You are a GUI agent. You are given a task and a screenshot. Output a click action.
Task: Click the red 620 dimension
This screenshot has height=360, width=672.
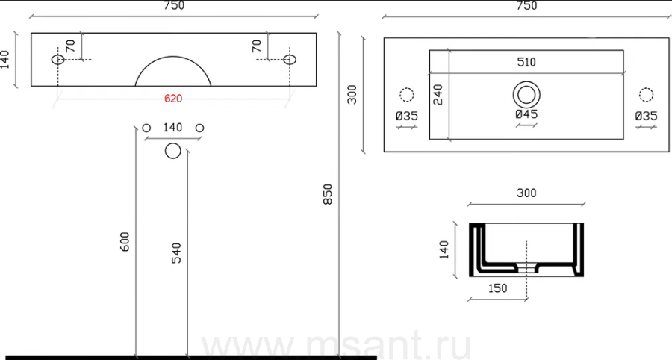pyautogui.click(x=173, y=99)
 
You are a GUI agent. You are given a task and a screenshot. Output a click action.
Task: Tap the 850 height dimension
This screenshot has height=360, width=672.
pyautogui.click(x=328, y=194)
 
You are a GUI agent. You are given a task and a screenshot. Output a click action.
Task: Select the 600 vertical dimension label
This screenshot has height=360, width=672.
pyautogui.click(x=124, y=242)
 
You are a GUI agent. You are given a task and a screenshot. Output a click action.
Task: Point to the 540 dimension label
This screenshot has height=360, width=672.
pyautogui.click(x=176, y=253)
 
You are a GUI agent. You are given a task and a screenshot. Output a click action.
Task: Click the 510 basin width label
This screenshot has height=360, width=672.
pyautogui.click(x=526, y=62)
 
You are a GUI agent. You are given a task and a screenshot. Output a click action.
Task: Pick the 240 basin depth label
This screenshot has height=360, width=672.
pyautogui.click(x=438, y=95)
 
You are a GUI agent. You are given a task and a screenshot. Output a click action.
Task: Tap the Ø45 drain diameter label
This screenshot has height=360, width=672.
pyautogui.click(x=526, y=114)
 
